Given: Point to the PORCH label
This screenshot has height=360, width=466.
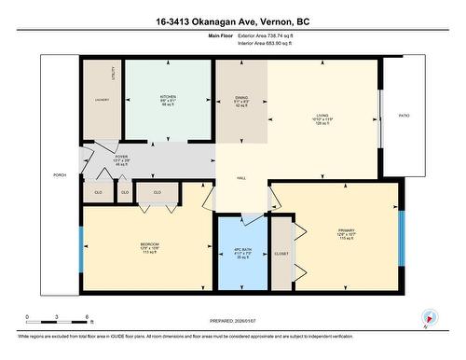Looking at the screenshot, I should tap(59, 175).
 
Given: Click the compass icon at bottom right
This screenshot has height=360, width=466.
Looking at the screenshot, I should tap(429, 316).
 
